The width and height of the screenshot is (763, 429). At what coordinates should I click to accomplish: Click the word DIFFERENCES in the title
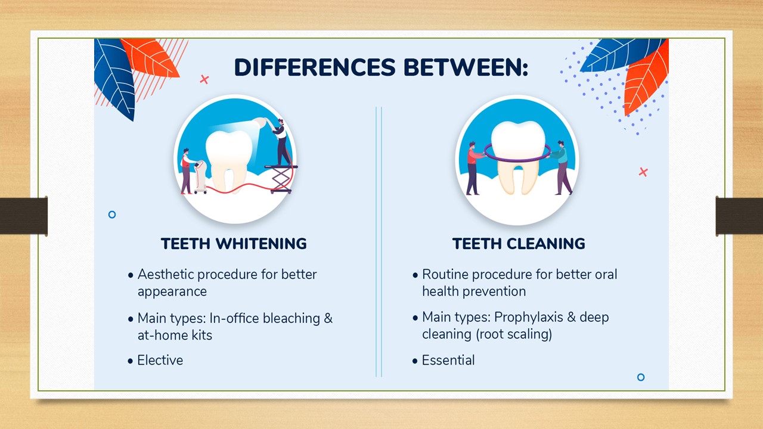tap(315, 67)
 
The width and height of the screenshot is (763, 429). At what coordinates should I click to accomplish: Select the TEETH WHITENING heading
tap(234, 244)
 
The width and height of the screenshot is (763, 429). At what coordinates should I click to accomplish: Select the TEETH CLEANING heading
tap(519, 244)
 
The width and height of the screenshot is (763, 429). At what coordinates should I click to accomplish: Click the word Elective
tap(160, 360)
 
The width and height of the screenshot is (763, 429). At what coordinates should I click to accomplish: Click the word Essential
tap(448, 360)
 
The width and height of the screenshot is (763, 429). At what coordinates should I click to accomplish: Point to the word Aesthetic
tap(165, 274)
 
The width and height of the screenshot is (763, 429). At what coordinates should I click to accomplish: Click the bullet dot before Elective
tap(130, 361)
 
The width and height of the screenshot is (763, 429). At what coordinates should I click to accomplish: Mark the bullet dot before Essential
tap(414, 361)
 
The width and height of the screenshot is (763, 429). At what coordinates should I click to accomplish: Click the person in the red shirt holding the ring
tap(473, 169)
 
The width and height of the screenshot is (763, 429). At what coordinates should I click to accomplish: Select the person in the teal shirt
tap(562, 167)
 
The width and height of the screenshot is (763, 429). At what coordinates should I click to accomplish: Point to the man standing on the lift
tap(281, 142)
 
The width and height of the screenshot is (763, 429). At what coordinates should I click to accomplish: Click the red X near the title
tap(204, 79)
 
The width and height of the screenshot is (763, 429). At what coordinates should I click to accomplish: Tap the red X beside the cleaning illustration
tap(643, 172)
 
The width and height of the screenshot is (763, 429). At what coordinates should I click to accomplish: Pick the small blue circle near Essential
tap(641, 377)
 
